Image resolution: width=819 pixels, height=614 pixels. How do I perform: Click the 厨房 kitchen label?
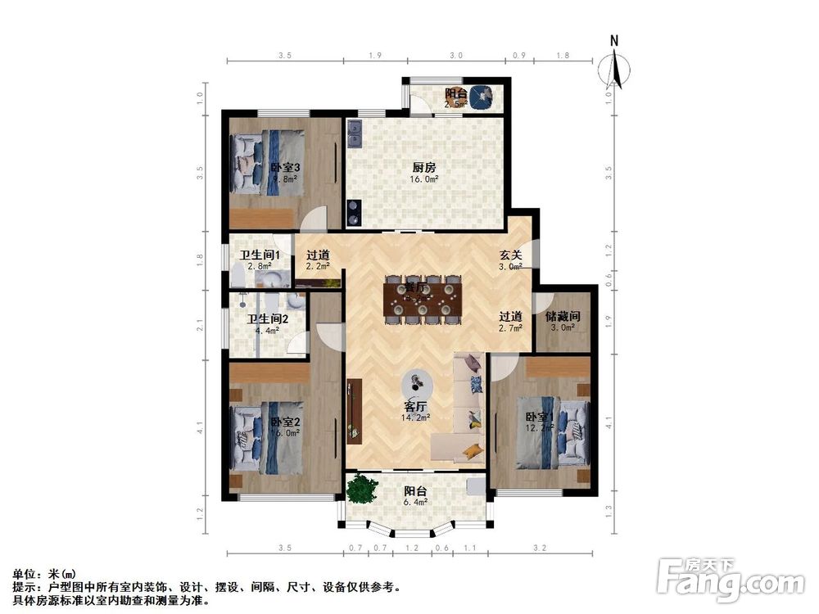424,166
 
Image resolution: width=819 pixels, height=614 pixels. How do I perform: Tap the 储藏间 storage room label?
563,316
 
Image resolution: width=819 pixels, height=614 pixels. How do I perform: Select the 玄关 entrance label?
512,254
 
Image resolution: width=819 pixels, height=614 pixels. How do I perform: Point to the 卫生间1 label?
259,255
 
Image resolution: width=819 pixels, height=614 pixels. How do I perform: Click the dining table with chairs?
423,300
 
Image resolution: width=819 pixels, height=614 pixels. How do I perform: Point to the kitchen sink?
355,133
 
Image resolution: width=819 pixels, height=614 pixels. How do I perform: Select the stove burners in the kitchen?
354,212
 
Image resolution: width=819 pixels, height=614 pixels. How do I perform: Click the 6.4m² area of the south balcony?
415,503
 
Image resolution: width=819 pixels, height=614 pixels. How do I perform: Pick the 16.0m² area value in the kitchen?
424,178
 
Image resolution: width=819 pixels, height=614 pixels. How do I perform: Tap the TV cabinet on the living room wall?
354,409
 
